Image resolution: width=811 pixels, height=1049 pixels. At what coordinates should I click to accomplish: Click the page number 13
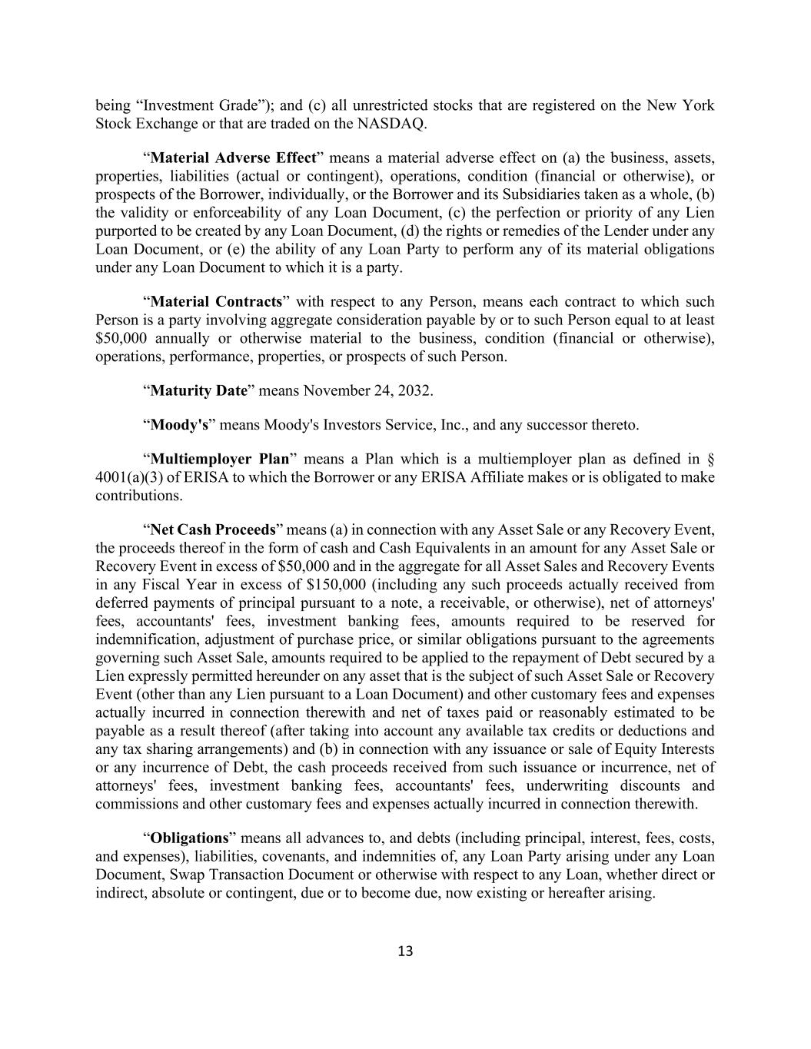coord(405,951)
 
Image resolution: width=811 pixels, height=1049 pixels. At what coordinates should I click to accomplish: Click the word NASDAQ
coord(391,124)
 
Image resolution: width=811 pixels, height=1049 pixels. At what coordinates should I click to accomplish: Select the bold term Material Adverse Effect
coord(234,158)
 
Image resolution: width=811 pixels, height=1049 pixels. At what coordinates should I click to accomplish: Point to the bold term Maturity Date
coord(198,391)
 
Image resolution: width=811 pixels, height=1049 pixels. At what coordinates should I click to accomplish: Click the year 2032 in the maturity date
coord(414,391)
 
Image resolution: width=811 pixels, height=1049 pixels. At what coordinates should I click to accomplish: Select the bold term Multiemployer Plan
coord(220,460)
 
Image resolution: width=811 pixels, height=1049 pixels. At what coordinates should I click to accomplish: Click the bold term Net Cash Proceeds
coord(213,530)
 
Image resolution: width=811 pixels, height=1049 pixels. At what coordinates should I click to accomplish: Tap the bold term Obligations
coord(190,838)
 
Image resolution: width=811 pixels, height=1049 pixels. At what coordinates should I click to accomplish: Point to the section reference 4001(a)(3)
coord(131,477)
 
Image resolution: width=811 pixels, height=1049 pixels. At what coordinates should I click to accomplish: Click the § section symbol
coord(710,460)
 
